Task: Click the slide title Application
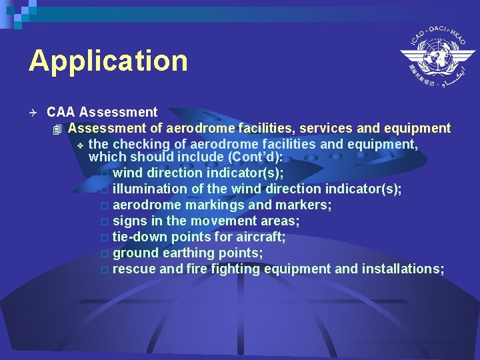tap(108, 61)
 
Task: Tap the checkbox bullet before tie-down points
tap(104, 238)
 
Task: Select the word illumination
tap(150, 189)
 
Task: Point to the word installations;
tap(403, 269)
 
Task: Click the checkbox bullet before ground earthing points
tap(104, 254)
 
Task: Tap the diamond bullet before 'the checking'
tap(79, 145)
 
